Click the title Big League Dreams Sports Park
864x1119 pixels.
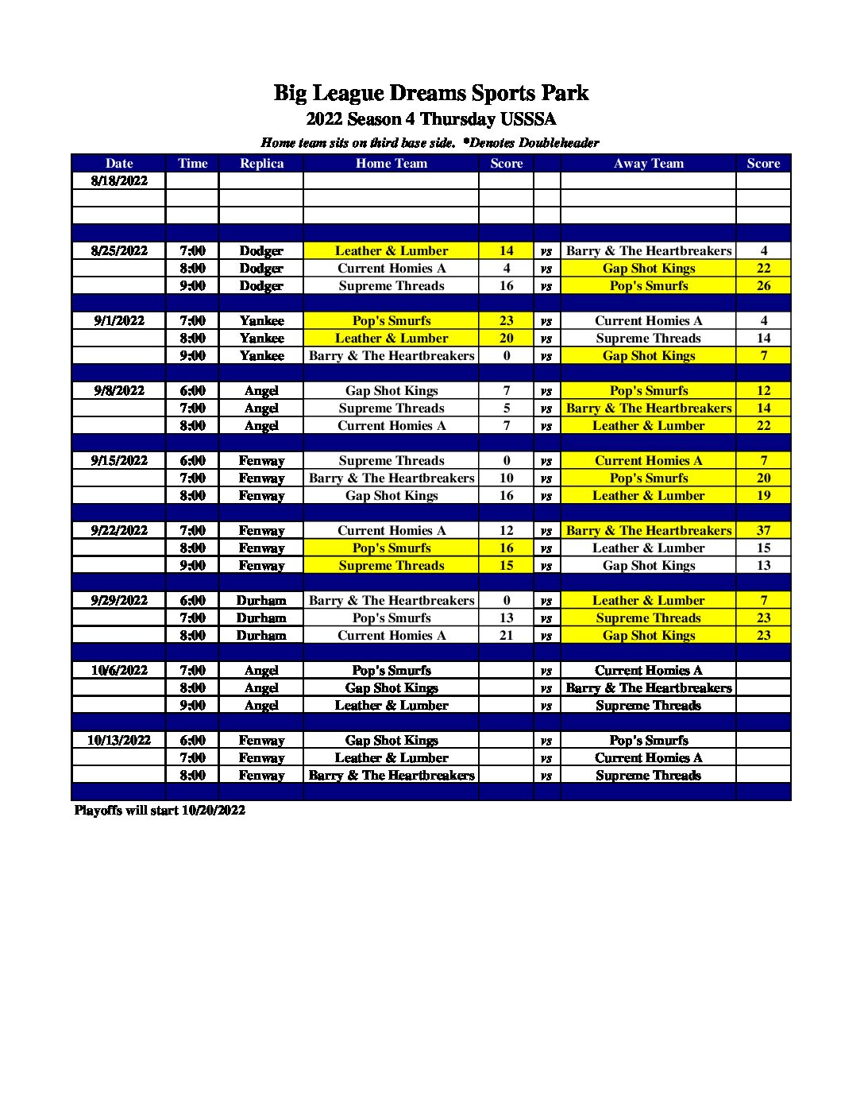(x=430, y=93)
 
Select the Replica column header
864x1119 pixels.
(x=261, y=163)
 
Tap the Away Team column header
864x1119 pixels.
(x=648, y=163)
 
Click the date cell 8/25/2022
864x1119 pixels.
(x=119, y=250)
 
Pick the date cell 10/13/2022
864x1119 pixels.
(x=119, y=740)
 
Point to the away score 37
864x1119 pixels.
(x=763, y=530)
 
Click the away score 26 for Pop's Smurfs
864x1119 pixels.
(x=763, y=285)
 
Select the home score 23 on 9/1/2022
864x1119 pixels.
(x=506, y=320)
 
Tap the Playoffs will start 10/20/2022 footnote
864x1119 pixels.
(x=160, y=810)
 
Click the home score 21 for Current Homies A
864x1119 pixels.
(x=506, y=635)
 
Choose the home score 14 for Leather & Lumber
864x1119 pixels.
(x=506, y=250)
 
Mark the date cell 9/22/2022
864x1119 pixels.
(x=119, y=530)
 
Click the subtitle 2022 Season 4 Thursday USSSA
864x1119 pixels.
(x=430, y=119)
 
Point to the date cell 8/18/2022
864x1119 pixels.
(x=119, y=180)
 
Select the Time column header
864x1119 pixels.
(x=192, y=163)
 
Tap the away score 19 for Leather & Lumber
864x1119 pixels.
(x=763, y=495)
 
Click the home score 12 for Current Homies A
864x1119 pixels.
(x=506, y=530)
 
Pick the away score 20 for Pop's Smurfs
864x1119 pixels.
(x=763, y=478)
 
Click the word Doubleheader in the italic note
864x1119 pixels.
(x=558, y=143)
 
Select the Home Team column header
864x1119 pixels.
(x=391, y=163)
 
